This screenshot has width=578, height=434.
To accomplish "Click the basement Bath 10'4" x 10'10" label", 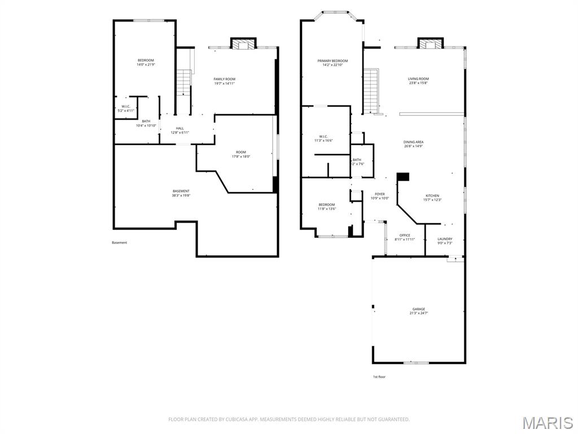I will [146, 123].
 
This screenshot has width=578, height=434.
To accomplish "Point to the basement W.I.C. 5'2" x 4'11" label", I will [126, 108].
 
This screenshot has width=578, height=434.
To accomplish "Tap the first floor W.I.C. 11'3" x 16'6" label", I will [323, 138].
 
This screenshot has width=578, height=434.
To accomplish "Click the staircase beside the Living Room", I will [370, 90].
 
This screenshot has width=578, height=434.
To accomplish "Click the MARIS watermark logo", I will [547, 423].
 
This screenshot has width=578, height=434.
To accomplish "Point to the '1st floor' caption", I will [379, 376].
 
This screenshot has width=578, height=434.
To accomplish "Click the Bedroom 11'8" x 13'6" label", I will [327, 207].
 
